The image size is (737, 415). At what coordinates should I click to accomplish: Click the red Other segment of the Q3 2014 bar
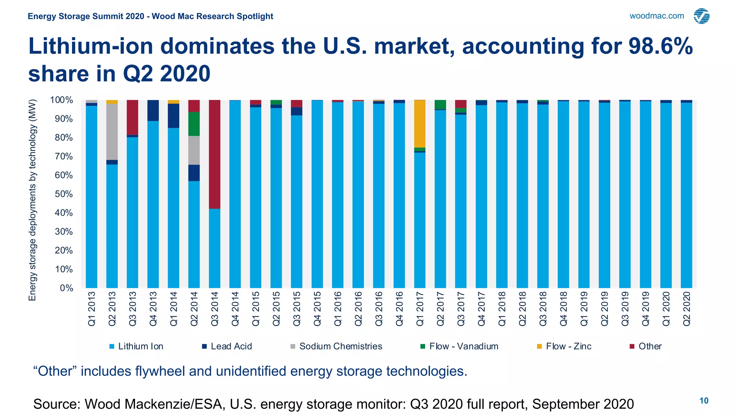[x=214, y=154]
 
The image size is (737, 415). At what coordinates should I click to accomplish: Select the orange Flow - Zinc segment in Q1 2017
[x=420, y=124]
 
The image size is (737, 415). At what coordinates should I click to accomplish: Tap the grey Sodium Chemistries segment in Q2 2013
[x=112, y=131]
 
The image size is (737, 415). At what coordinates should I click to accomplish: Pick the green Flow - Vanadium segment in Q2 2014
[x=194, y=124]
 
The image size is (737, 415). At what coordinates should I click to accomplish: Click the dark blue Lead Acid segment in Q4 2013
[x=153, y=110]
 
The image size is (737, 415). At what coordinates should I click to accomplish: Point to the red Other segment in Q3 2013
[x=132, y=117]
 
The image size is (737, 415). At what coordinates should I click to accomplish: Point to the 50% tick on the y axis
[x=64, y=194]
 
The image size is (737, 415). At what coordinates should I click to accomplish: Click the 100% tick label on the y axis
[x=62, y=100]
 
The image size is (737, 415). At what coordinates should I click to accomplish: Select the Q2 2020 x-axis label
[x=687, y=309]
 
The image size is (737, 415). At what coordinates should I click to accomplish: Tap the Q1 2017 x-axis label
[x=420, y=309]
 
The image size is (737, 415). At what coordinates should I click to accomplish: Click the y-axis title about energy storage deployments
[x=32, y=200]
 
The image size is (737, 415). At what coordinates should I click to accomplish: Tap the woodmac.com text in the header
[x=656, y=16]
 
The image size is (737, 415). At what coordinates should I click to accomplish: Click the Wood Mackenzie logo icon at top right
[x=701, y=16]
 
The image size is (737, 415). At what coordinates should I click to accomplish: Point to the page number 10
[x=704, y=401]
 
